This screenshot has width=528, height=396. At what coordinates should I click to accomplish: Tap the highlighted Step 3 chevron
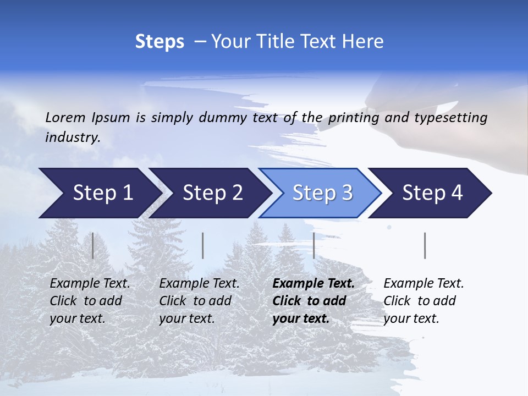322,193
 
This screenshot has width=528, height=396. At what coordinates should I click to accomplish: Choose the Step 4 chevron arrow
432,193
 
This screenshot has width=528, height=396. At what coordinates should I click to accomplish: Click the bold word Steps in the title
159,42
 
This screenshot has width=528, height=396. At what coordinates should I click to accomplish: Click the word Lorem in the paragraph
65,117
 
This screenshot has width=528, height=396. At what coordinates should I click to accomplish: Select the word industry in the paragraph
72,137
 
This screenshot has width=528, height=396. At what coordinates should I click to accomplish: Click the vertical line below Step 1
92,245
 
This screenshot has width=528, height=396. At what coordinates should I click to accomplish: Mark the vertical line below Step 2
203,245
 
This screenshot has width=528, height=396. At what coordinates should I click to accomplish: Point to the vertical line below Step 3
313,245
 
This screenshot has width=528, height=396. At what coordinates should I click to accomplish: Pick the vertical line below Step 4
425,245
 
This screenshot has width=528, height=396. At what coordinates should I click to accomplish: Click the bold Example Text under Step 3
313,284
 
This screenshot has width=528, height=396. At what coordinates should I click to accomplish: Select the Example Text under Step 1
90,284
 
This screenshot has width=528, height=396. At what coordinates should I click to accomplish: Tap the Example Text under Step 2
199,284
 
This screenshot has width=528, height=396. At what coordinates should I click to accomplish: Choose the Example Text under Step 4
424,284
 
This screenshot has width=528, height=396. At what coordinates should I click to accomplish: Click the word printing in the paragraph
353,118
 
